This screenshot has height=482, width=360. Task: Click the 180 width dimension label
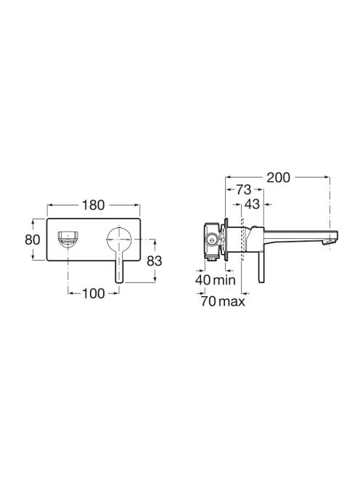(93, 205)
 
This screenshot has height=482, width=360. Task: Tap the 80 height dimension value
(32, 240)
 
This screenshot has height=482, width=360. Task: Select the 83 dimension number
(154, 261)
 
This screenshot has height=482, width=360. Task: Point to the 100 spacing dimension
(93, 293)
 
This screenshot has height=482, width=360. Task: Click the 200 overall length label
(278, 178)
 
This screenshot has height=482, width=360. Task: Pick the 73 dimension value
(243, 190)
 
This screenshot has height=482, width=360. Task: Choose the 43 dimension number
(252, 205)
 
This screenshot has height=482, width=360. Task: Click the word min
(224, 280)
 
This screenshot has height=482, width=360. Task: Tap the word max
(232, 301)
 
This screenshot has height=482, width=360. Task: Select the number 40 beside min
(203, 280)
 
